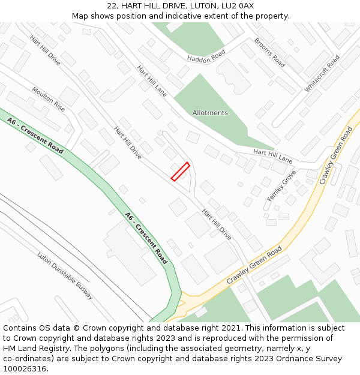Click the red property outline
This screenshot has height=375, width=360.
[x=180, y=171]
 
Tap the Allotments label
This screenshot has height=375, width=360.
[x=210, y=113]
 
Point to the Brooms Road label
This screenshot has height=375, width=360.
[x=269, y=52]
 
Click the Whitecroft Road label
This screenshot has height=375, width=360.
[x=322, y=73]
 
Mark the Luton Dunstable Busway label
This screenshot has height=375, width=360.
[x=65, y=276]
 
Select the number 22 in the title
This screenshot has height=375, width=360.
[x=112, y=6]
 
